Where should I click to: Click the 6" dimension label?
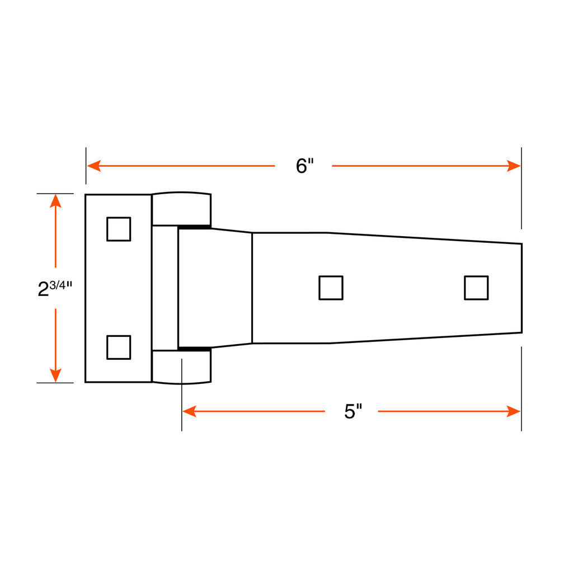point(305,166)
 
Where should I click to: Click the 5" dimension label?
point(353,411)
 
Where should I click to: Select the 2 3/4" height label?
point(55,288)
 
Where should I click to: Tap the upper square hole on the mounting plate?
point(119,229)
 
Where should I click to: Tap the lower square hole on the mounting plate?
point(119,347)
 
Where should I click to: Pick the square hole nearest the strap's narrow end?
point(476,288)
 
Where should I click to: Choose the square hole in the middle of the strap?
point(331,288)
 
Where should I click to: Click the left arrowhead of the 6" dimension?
point(93,166)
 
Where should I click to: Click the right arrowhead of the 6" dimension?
point(514,166)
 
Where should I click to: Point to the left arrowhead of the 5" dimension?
point(189,411)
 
